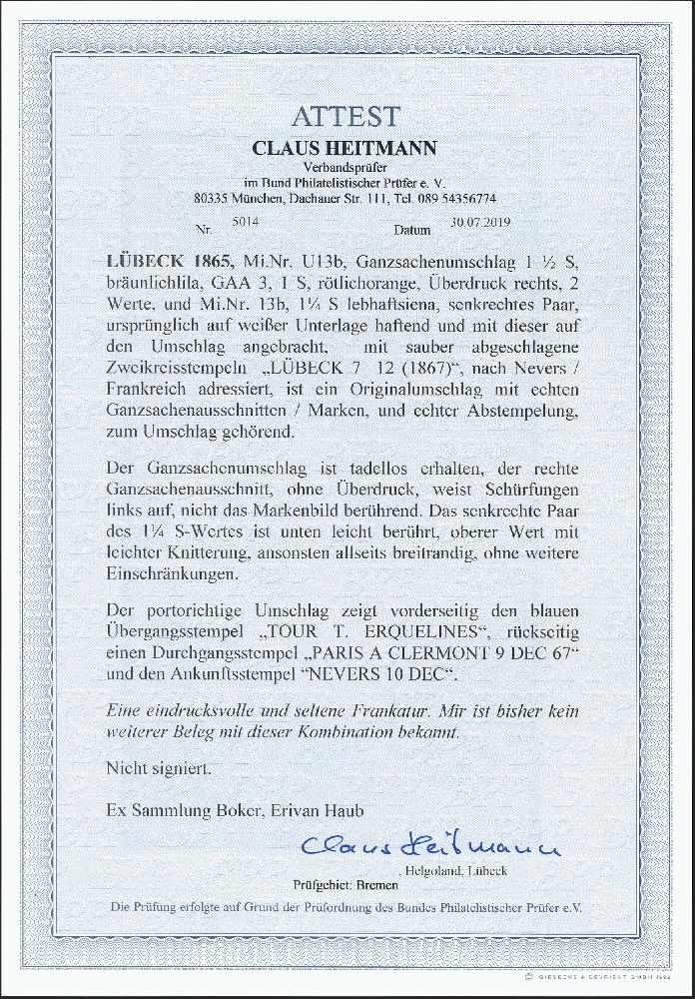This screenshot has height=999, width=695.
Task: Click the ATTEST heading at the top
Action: coord(347,117)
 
